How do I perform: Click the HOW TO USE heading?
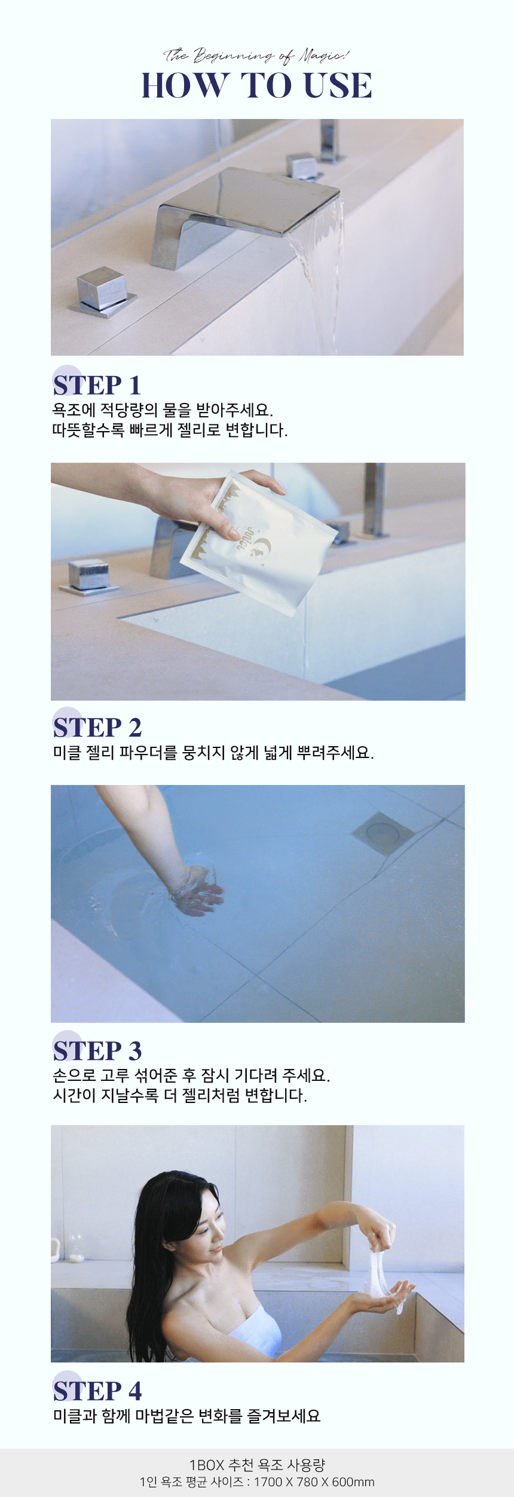point(256,85)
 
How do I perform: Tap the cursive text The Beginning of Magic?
point(256,56)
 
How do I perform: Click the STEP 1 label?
point(97,385)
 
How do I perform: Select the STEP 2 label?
point(97,728)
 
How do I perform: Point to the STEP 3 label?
point(97,1050)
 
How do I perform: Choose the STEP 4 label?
point(97,1391)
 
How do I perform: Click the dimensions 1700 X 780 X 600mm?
point(314,1482)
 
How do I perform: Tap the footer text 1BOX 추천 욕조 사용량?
point(256,1465)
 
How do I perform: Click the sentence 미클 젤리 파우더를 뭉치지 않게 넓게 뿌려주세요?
point(213,753)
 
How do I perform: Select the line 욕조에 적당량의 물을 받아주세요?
point(163,410)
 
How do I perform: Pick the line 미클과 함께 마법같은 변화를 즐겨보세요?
point(186,1416)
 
